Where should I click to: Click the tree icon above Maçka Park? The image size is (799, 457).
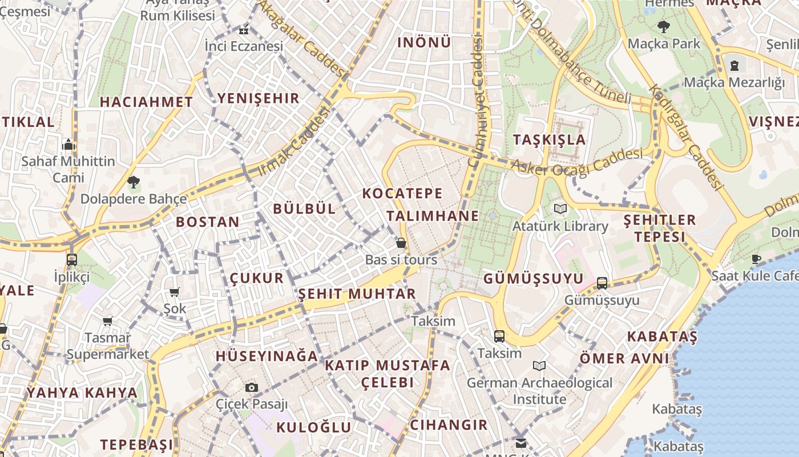click(663, 26)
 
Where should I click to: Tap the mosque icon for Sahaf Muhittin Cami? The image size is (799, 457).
click(68, 144)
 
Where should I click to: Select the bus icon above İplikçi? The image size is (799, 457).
click(72, 260)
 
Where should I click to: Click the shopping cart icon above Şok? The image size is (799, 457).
click(175, 292)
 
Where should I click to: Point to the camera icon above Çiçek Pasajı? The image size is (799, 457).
click(252, 387)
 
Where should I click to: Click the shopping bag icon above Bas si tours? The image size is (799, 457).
click(401, 243)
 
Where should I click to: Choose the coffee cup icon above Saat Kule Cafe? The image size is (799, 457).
click(756, 259)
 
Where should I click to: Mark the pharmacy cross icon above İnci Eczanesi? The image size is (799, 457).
click(244, 31)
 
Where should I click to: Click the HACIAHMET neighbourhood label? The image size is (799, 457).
click(146, 102)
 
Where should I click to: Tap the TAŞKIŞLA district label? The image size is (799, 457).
click(549, 140)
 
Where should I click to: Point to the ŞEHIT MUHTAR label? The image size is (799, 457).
click(357, 294)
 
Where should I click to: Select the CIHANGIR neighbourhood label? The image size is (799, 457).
click(449, 425)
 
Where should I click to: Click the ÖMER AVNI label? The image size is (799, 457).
click(624, 359)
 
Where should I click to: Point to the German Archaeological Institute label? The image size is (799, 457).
click(539, 391)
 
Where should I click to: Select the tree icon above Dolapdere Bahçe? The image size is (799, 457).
click(134, 183)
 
